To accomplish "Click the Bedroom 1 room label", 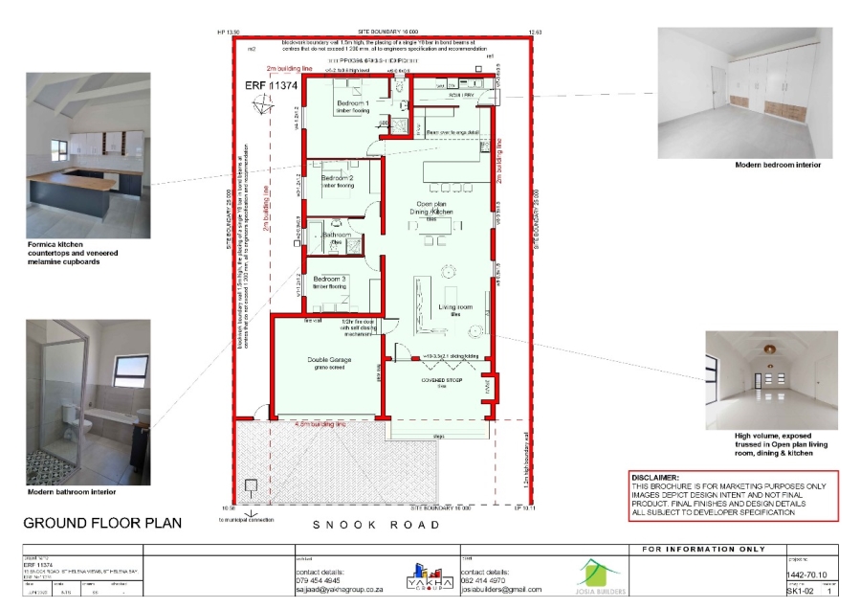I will point(352,102).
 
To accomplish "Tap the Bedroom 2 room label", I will point(337,179).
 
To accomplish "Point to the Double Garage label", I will point(328,360).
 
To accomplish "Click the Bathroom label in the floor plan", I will point(336,235).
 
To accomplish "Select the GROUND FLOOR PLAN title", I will point(102,523).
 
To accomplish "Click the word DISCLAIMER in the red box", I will point(655,477).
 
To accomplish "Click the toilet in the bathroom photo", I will point(67,415).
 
